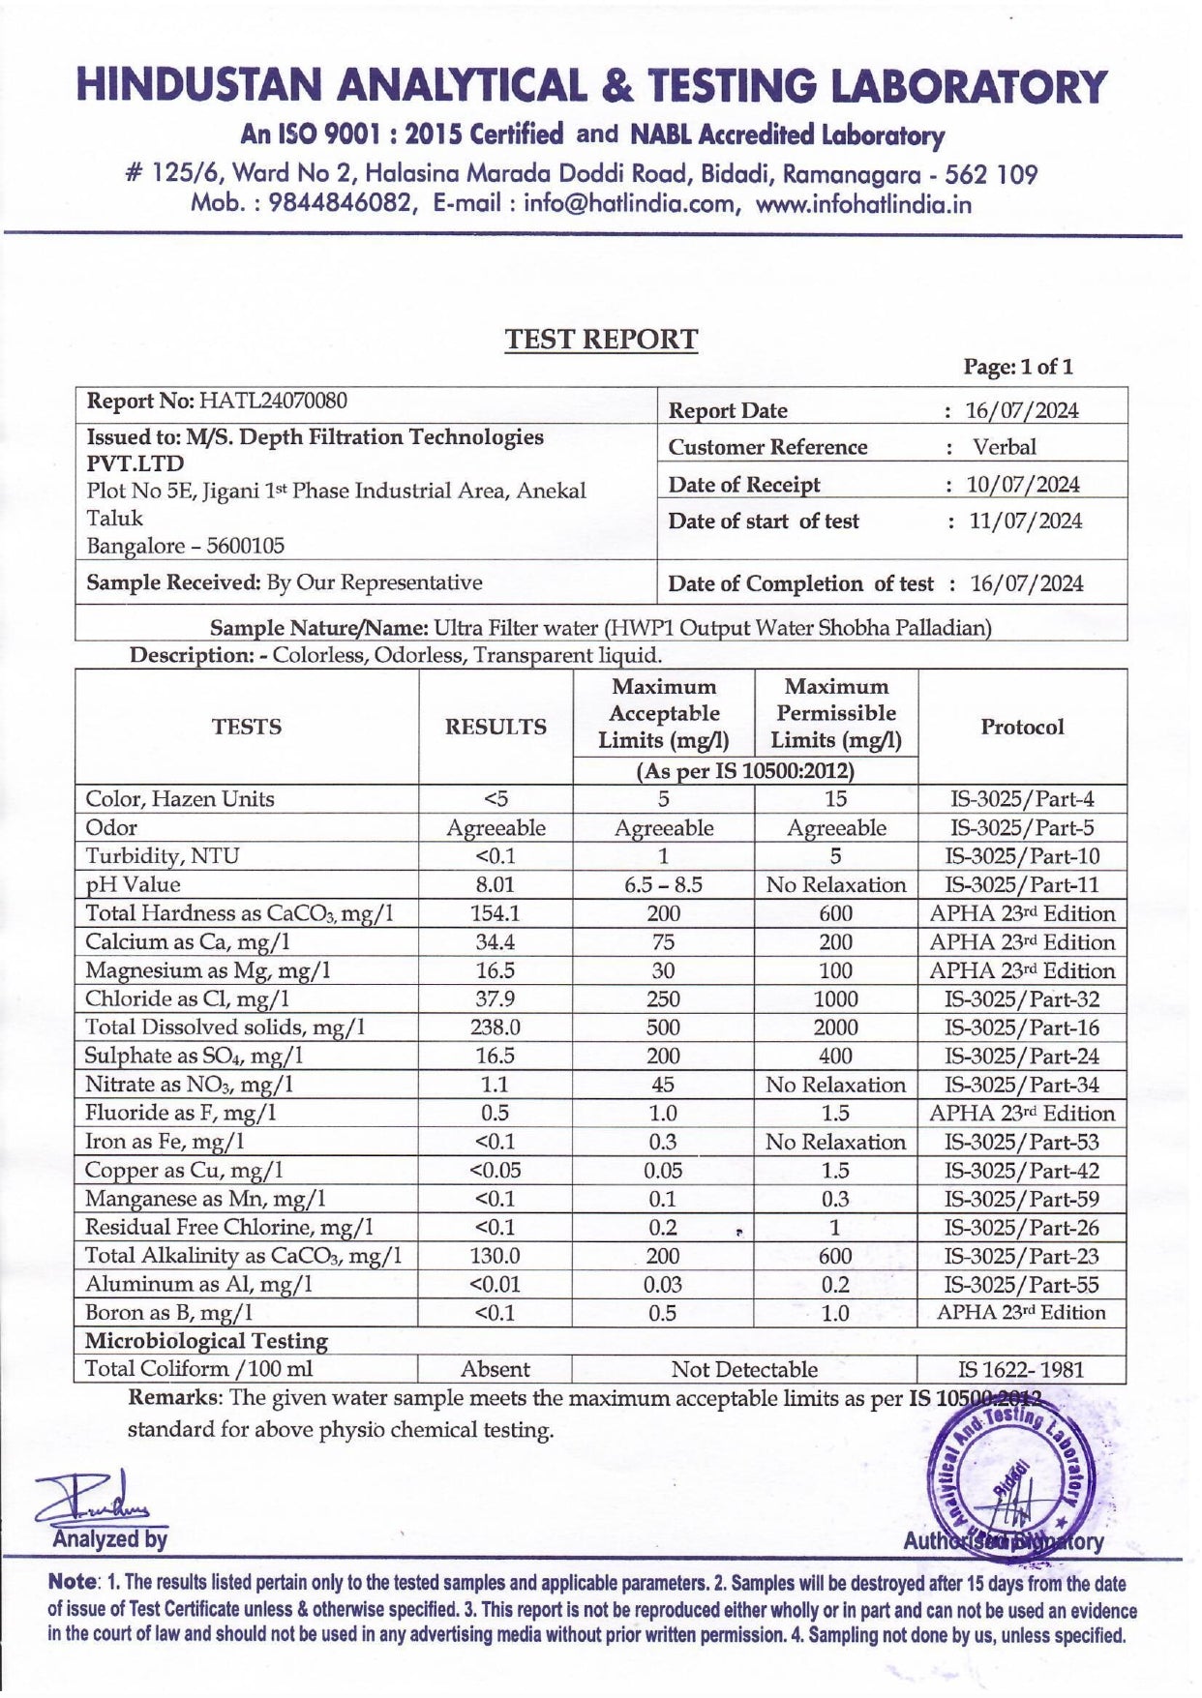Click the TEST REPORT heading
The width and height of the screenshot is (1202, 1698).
[x=600, y=340]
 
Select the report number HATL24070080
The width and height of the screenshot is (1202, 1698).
[x=273, y=401]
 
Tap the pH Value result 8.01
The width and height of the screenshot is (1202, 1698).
[x=495, y=884]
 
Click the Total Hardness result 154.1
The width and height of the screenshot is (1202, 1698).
[x=495, y=913]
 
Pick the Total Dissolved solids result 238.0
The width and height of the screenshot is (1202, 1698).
[x=495, y=1028]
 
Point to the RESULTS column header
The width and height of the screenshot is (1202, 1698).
[x=495, y=727]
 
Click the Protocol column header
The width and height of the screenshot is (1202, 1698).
[x=1022, y=727]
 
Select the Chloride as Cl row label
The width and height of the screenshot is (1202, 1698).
[x=187, y=998]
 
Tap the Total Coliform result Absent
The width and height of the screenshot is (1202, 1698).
[x=495, y=1369]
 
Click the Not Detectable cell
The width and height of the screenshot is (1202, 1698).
[x=744, y=1369]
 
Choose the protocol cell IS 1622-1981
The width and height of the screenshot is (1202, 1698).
[x=1021, y=1369]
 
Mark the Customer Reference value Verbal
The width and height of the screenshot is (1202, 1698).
[x=1004, y=447]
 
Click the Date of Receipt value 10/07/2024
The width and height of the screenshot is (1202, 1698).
[x=1023, y=485]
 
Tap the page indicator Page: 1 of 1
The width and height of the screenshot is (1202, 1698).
[x=1018, y=367]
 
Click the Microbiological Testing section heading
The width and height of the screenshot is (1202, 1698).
[x=206, y=1341]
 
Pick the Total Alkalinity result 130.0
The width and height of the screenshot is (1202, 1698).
[x=495, y=1256]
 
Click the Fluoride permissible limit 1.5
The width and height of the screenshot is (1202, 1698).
[x=835, y=1113]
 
